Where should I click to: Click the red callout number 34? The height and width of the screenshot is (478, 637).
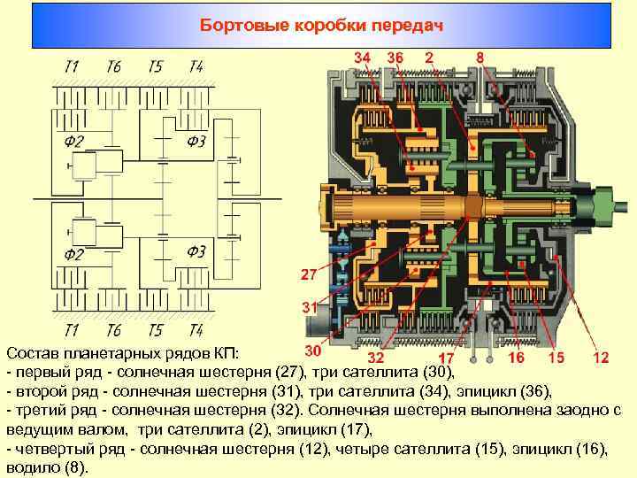tap(363, 58)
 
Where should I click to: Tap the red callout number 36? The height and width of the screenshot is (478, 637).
tap(395, 58)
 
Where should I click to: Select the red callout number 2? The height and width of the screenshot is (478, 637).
tap(429, 58)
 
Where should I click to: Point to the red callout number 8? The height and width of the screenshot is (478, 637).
tap(480, 58)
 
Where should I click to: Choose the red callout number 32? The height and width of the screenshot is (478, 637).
tap(375, 358)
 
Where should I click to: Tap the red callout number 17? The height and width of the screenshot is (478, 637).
tap(447, 358)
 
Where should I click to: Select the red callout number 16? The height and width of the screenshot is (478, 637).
tap(516, 358)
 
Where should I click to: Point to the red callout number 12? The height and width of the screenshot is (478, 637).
tap(601, 358)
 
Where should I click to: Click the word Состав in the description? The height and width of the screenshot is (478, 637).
tap(31, 355)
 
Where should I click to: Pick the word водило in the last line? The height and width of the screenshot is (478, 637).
tap(31, 466)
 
